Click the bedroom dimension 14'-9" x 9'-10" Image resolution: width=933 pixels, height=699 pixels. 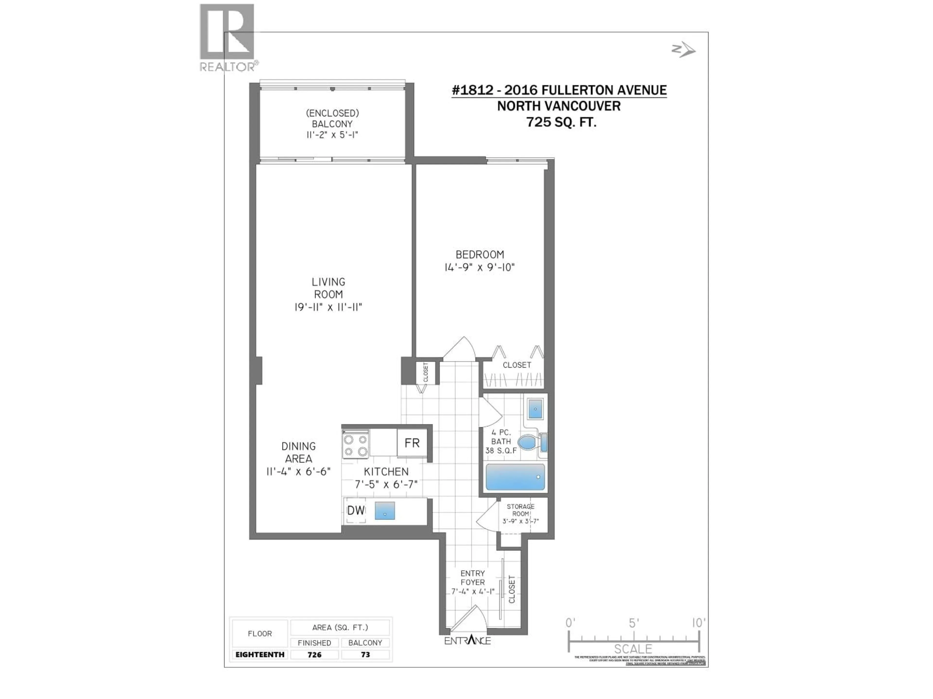480,267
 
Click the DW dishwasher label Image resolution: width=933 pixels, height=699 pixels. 355,511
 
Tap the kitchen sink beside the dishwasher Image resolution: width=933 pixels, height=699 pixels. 385,511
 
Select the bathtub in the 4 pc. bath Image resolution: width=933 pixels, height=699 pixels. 515,477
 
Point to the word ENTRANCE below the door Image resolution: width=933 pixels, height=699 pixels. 467,641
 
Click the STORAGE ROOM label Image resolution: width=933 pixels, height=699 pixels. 520,510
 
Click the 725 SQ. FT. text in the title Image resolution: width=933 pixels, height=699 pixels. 561,122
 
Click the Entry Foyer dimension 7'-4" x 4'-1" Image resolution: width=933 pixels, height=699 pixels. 472,591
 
